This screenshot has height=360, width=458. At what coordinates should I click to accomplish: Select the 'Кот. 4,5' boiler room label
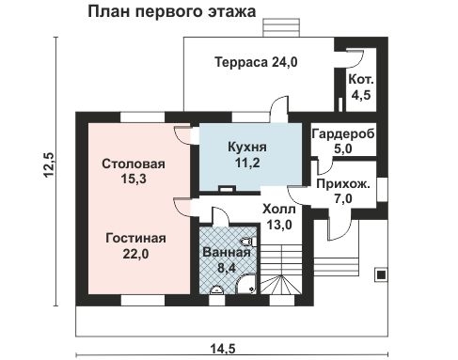360,86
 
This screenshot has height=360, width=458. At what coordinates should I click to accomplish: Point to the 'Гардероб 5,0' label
343,141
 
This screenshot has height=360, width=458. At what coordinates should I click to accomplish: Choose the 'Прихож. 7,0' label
342,192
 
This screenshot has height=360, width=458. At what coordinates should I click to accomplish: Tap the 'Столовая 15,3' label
133,172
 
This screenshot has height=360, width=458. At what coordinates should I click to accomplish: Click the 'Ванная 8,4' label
226,259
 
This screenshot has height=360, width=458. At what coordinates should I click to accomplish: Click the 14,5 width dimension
222,348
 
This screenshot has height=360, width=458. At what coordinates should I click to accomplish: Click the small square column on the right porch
382,275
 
